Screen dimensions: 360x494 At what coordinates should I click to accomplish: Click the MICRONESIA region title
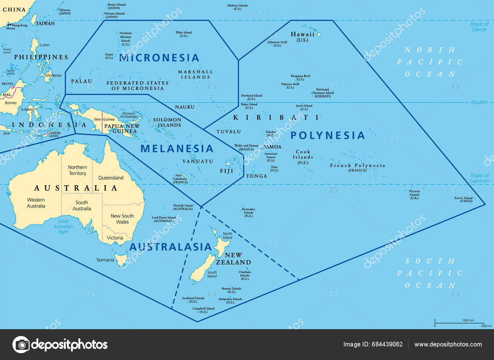159,58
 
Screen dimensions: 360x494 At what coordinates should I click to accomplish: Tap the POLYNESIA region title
328,135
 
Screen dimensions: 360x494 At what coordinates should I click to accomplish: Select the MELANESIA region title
177,149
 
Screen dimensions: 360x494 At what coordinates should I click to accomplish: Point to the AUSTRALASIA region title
170,247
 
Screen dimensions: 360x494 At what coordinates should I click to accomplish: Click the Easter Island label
464,199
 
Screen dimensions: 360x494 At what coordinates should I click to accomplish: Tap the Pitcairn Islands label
414,195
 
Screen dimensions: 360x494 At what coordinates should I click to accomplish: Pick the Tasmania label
105,260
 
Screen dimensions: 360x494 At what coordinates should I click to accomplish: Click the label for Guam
109,56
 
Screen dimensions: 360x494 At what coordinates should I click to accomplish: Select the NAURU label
185,107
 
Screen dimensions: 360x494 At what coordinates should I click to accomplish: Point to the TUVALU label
228,132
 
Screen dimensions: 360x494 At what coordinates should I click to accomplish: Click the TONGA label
256,176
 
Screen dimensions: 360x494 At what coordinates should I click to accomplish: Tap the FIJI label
227,171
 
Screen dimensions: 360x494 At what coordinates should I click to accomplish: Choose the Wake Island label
184,34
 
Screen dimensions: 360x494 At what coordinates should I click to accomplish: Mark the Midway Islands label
237,7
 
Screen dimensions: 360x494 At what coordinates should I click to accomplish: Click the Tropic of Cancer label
479,27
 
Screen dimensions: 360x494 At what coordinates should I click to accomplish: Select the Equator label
479,102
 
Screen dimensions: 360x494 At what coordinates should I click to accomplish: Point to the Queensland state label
111,178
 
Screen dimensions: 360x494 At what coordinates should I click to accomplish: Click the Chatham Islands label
245,275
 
